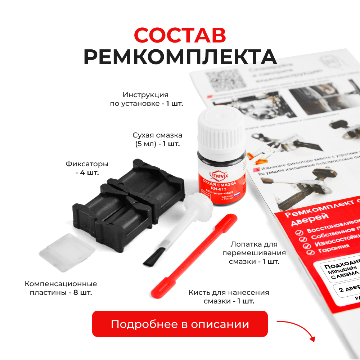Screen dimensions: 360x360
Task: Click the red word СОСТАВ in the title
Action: [x=180, y=35]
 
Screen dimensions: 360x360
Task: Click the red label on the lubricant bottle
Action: [x=220, y=187]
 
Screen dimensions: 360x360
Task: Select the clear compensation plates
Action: [x=67, y=252]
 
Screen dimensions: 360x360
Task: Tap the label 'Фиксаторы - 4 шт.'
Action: [x=87, y=168]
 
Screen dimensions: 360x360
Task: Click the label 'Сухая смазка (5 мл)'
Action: [x=157, y=139]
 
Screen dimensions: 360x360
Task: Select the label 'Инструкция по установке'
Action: [x=146, y=99]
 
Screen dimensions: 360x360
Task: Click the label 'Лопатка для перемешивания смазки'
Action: [x=254, y=253]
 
